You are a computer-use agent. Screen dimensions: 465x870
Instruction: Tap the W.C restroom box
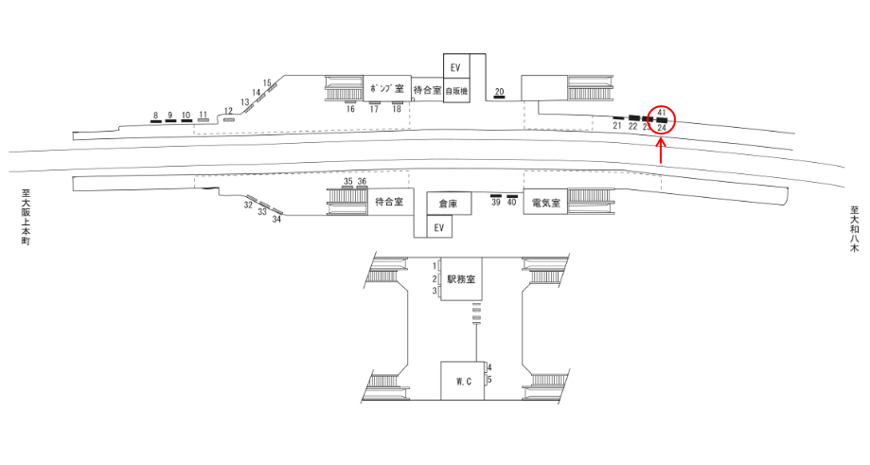point(463,382)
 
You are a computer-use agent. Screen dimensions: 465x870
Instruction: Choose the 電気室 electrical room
point(546,203)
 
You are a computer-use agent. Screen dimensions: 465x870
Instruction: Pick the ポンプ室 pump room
point(387,89)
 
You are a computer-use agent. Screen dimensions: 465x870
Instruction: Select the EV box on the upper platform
point(455,67)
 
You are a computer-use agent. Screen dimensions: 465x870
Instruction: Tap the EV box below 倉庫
point(437,228)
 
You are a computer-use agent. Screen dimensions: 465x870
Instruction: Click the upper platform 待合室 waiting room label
point(428,90)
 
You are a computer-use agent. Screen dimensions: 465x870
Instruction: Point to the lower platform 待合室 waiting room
point(389,203)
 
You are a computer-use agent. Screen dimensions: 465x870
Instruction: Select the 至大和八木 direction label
point(854,231)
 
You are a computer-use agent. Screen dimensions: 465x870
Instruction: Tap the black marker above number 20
point(500,98)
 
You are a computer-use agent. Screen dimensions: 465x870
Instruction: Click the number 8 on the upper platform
point(154,116)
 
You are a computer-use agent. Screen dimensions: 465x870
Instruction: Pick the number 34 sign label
point(277,220)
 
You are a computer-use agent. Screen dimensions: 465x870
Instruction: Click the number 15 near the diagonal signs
point(268,82)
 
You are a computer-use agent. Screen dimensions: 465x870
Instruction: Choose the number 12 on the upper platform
point(228,111)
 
